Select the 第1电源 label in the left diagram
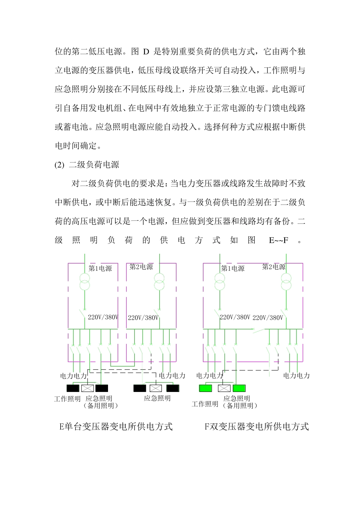pyautogui.click(x=100, y=268)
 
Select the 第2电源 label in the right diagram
pyautogui.click(x=274, y=267)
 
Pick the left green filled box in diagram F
pyautogui.click(x=205, y=388)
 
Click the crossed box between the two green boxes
pyautogui.click(x=224, y=388)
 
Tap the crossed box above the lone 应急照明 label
pyautogui.click(x=156, y=388)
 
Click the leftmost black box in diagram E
pyautogui.click(x=73, y=388)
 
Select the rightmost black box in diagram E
pyautogui.click(x=172, y=388)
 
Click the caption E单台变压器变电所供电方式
pyautogui.click(x=116, y=426)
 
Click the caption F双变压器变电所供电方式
pyautogui.click(x=257, y=426)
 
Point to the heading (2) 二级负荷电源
pyautogui.click(x=87, y=165)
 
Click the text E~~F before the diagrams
pyautogui.click(x=279, y=240)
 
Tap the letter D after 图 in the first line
pyautogui.click(x=146, y=52)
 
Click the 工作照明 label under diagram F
pyautogui.click(x=205, y=404)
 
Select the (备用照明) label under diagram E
pyautogui.click(x=101, y=406)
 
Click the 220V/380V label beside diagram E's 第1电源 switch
pyautogui.click(x=103, y=317)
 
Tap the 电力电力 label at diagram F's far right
pyautogui.click(x=296, y=375)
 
